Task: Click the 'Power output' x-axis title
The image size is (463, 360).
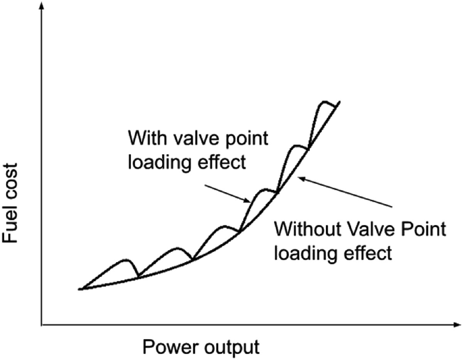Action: (201, 347)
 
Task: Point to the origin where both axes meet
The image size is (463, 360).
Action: (41, 325)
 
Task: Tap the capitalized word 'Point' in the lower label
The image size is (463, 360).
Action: (424, 230)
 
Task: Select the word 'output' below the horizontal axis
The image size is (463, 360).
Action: (232, 347)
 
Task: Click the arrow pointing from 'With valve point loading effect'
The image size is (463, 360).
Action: (228, 193)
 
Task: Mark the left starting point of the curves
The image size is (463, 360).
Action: (79, 289)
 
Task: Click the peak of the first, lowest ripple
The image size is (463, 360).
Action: (125, 260)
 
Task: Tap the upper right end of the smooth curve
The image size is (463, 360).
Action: (339, 102)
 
